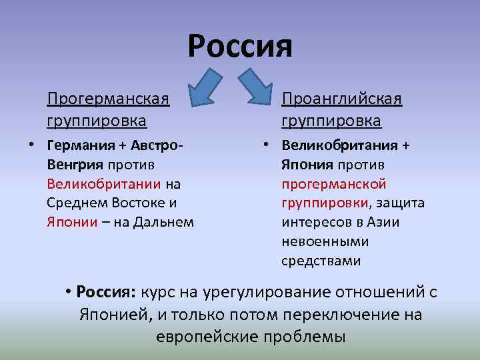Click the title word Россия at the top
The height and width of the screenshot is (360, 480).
[240, 46]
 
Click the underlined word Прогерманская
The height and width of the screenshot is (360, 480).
[107, 99]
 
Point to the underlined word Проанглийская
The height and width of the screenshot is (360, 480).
[341, 99]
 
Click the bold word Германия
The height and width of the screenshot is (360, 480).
[76, 145]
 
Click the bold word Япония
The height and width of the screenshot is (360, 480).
[307, 164]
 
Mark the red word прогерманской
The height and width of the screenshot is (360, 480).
[333, 183]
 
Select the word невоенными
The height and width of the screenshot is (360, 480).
[325, 241]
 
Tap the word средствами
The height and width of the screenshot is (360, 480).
[321, 261]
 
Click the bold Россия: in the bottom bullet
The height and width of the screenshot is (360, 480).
[107, 292]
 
